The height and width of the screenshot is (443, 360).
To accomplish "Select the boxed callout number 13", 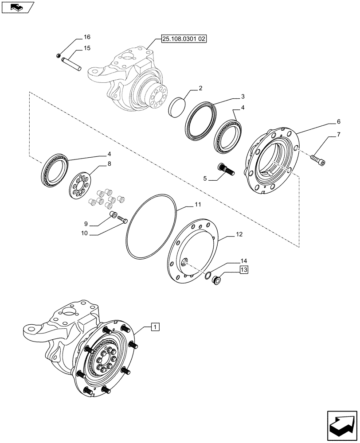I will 244,269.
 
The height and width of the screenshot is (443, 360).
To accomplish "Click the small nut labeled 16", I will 59,55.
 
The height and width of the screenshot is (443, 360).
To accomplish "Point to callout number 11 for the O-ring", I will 197,205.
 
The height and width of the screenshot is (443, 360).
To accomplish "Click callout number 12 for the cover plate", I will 239,233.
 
